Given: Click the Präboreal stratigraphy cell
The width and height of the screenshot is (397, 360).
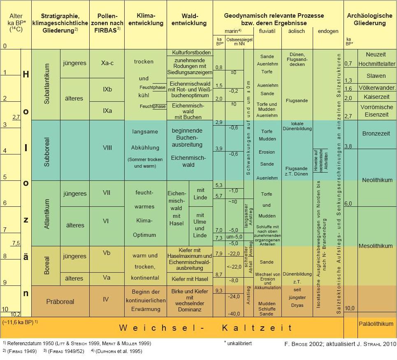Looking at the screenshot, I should click(60, 302).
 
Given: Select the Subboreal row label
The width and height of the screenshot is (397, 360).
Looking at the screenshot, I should click(46, 150).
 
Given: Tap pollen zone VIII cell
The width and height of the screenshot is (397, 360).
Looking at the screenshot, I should click(107, 147).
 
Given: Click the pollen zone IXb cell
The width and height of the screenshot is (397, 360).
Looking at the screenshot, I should click(107, 89).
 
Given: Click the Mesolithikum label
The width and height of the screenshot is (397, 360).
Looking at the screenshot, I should click(376, 246).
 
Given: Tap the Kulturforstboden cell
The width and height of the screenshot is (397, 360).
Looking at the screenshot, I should click(190, 53).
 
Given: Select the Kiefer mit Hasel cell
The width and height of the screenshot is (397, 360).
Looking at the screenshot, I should click(190, 279).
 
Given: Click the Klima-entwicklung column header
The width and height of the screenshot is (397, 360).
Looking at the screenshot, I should click(144, 19).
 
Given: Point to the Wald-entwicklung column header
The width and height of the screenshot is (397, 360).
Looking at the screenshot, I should click(190, 19).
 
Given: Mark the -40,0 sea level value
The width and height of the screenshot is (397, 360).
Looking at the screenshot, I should click(234, 313).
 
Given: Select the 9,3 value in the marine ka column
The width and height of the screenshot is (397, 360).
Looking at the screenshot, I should click(219, 291).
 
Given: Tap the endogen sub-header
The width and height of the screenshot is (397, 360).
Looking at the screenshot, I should click(328, 31).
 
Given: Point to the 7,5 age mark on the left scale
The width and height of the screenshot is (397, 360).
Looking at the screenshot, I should click(16, 243).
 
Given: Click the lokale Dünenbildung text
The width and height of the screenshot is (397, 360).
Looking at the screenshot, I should click(297, 126).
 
